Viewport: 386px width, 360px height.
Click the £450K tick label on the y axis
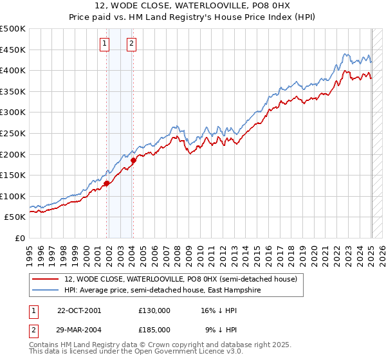tap(13, 50)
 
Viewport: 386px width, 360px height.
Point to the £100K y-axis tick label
tap(13, 196)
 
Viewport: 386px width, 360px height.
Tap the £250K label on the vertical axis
tap(13, 133)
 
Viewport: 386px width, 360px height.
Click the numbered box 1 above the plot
tap(104, 44)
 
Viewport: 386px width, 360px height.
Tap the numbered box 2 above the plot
tap(131, 44)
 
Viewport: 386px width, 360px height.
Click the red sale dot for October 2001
tap(107, 183)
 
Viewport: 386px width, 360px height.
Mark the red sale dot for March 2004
tap(133, 160)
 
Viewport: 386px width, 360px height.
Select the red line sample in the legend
tap(45, 279)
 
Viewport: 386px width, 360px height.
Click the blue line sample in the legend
tap(45, 290)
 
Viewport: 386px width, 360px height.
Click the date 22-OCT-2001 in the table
tap(79, 310)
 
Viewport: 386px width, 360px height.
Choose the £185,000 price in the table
tap(154, 329)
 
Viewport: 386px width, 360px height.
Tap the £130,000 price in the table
tap(154, 310)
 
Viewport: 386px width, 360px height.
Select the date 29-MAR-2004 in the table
tap(79, 329)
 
